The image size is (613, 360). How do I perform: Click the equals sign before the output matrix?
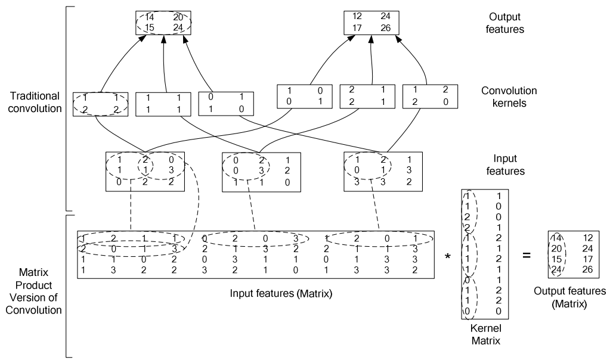click(526, 255)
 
